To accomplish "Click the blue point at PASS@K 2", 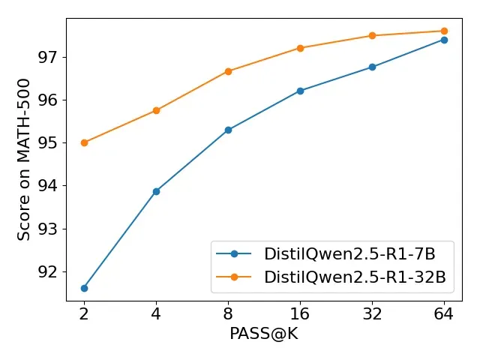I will [x=84, y=288].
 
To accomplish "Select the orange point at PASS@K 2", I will [x=84, y=142].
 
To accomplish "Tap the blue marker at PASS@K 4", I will [x=156, y=191].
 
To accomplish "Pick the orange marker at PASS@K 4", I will [x=156, y=110].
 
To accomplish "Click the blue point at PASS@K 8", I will [x=228, y=130].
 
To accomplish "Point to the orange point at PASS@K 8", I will [x=228, y=71].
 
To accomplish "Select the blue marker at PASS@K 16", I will [x=300, y=91].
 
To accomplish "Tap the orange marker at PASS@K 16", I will [x=300, y=48].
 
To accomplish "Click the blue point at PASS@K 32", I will [x=372, y=67].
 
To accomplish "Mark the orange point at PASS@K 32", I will [x=372, y=35].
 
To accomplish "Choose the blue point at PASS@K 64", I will [x=444, y=40].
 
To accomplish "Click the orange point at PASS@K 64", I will [x=444, y=31].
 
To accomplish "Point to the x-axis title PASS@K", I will [x=264, y=334].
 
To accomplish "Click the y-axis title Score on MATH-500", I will [x=24, y=159].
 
